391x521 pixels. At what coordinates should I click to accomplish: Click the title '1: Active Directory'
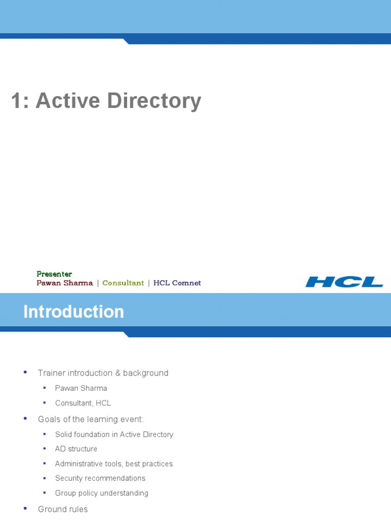pos(106,101)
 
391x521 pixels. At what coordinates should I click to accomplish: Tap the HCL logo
pos(344,282)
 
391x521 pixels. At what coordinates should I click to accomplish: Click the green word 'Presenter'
pos(54,274)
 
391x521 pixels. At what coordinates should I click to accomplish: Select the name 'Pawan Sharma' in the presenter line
pos(65,283)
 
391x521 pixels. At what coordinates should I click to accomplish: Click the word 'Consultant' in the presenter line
pos(123,283)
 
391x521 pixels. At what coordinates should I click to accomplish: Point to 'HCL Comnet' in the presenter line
pos(177,283)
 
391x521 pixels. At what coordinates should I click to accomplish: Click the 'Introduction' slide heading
pos(74,311)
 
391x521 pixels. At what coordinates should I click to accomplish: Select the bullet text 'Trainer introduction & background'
pos(103,373)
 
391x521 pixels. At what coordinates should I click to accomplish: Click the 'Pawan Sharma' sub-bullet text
pos(81,388)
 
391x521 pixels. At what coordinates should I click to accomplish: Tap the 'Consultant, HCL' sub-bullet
pos(83,403)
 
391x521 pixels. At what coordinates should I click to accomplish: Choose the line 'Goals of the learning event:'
pos(91,419)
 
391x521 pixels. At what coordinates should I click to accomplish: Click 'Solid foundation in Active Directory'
pos(114,435)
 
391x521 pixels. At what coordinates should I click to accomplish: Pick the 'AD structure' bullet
pos(76,449)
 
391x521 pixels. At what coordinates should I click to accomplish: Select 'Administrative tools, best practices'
pos(114,464)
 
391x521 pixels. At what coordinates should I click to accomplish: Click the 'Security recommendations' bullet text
pos(100,478)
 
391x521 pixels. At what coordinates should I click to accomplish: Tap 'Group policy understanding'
pos(101,493)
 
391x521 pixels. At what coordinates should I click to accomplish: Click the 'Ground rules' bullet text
pos(63,509)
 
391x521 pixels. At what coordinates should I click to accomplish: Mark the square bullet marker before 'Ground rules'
pos(25,508)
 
